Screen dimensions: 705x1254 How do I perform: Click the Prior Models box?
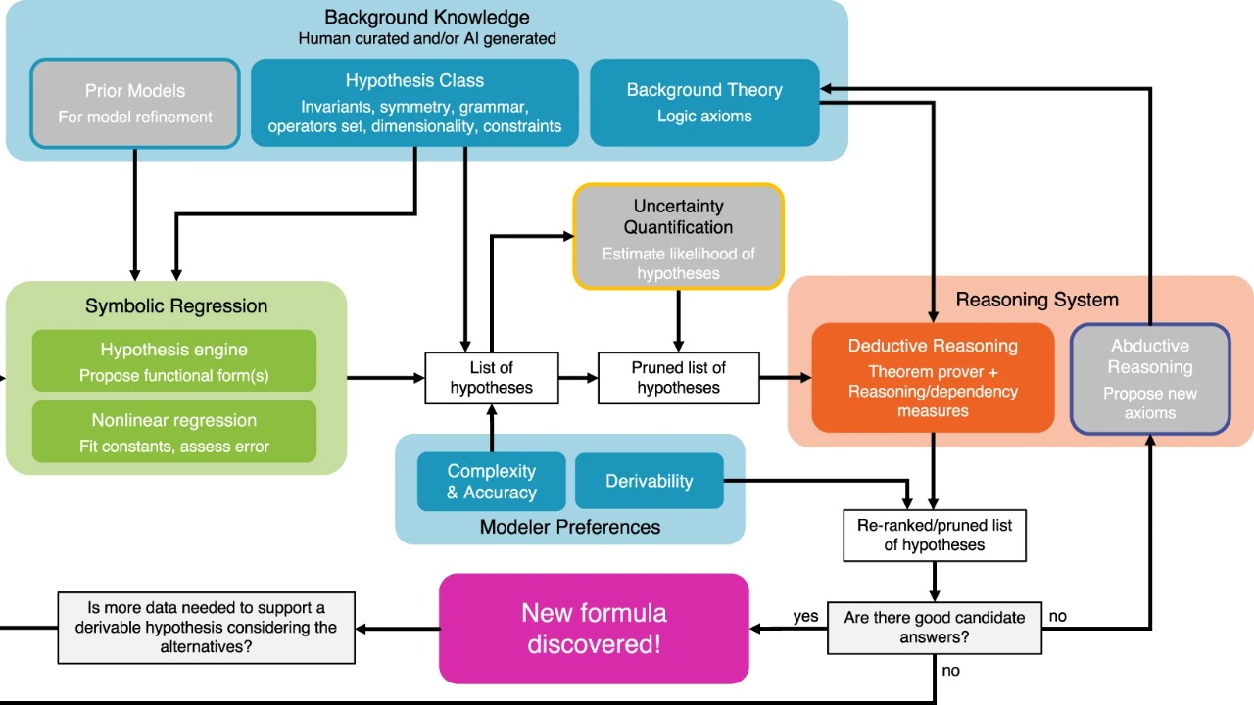click(135, 103)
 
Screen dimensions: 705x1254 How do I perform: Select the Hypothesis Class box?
click(414, 103)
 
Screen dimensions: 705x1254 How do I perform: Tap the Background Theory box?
click(704, 103)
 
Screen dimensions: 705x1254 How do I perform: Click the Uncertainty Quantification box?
click(678, 237)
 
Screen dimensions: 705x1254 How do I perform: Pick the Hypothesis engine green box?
click(174, 361)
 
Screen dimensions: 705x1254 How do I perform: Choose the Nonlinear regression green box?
click(174, 432)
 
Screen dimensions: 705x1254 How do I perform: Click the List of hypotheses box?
click(492, 378)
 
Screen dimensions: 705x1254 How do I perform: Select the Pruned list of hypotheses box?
click(678, 378)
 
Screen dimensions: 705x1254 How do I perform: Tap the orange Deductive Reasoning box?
click(933, 378)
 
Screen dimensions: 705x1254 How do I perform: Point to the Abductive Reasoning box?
click(1150, 378)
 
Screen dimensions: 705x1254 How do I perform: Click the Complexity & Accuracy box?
click(492, 481)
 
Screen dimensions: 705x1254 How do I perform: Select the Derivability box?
click(649, 481)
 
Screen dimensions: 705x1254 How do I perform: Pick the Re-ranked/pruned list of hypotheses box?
click(935, 535)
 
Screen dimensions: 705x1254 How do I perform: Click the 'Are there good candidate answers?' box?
click(935, 628)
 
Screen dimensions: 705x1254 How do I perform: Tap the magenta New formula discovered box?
click(594, 628)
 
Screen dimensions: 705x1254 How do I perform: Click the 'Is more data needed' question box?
click(206, 628)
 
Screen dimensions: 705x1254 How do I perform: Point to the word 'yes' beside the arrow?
click(805, 617)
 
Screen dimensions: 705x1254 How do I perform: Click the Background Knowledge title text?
click(427, 18)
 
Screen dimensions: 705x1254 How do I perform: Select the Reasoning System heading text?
click(1037, 300)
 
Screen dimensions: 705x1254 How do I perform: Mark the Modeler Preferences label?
click(570, 527)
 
